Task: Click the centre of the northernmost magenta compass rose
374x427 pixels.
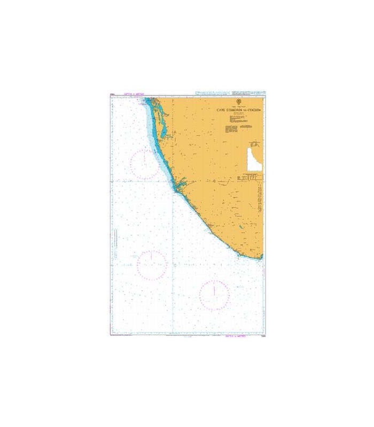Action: pos(144,164)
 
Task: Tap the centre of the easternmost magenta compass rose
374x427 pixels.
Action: pos(214,295)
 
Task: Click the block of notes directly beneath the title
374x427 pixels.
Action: pos(239,123)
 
